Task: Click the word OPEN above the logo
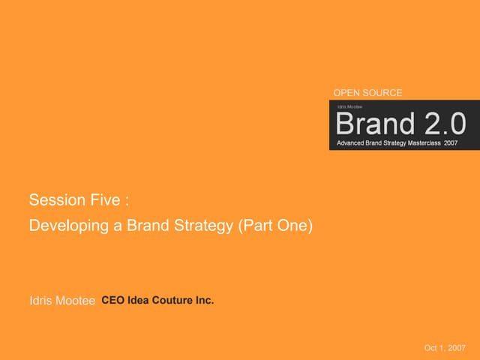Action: [345, 93]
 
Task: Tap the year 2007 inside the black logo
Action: [451, 142]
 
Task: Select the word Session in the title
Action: [54, 200]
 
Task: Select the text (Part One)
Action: [274, 224]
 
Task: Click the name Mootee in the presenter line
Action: [77, 301]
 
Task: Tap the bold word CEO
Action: [112, 301]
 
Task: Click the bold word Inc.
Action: [205, 301]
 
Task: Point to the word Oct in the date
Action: [431, 348]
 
